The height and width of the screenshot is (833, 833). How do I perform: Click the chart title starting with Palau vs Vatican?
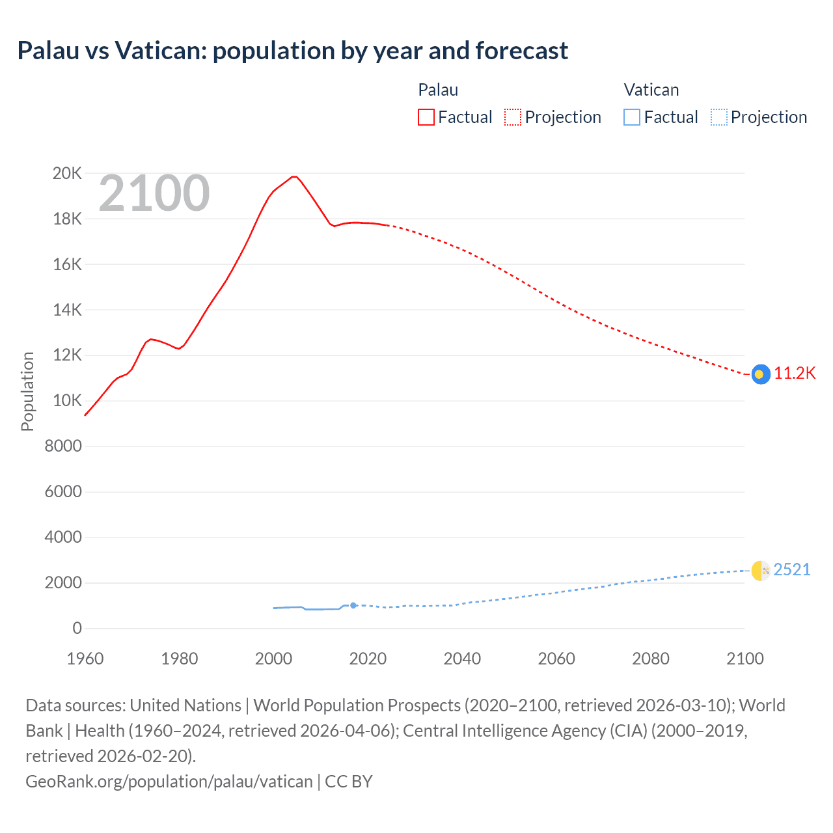click(293, 51)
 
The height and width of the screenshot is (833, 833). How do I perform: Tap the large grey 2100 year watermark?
click(154, 193)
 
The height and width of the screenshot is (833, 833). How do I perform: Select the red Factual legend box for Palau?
click(426, 117)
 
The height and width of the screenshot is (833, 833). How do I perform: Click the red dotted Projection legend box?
click(513, 117)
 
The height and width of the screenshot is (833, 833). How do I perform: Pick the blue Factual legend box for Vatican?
click(631, 117)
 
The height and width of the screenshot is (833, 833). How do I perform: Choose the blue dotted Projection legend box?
click(718, 117)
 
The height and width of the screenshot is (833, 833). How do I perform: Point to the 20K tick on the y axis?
click(68, 173)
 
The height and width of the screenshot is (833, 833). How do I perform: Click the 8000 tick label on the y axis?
click(64, 446)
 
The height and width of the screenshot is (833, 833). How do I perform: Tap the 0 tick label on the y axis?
click(77, 628)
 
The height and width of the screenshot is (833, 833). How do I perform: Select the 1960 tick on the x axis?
click(85, 659)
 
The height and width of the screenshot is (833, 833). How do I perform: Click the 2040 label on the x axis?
click(462, 659)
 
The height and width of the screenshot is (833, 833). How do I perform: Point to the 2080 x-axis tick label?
click(651, 659)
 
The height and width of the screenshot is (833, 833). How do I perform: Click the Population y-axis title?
click(27, 391)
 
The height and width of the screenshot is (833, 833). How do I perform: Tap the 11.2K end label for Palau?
click(795, 374)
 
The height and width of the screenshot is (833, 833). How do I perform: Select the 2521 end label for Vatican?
click(792, 570)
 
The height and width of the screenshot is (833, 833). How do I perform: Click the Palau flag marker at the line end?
click(761, 374)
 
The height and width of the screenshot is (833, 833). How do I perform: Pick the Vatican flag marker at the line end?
click(761, 571)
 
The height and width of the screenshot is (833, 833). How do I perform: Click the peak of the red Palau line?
click(294, 176)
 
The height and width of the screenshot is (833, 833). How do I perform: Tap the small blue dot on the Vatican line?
click(353, 605)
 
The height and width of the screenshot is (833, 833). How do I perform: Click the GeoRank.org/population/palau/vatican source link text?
click(169, 782)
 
